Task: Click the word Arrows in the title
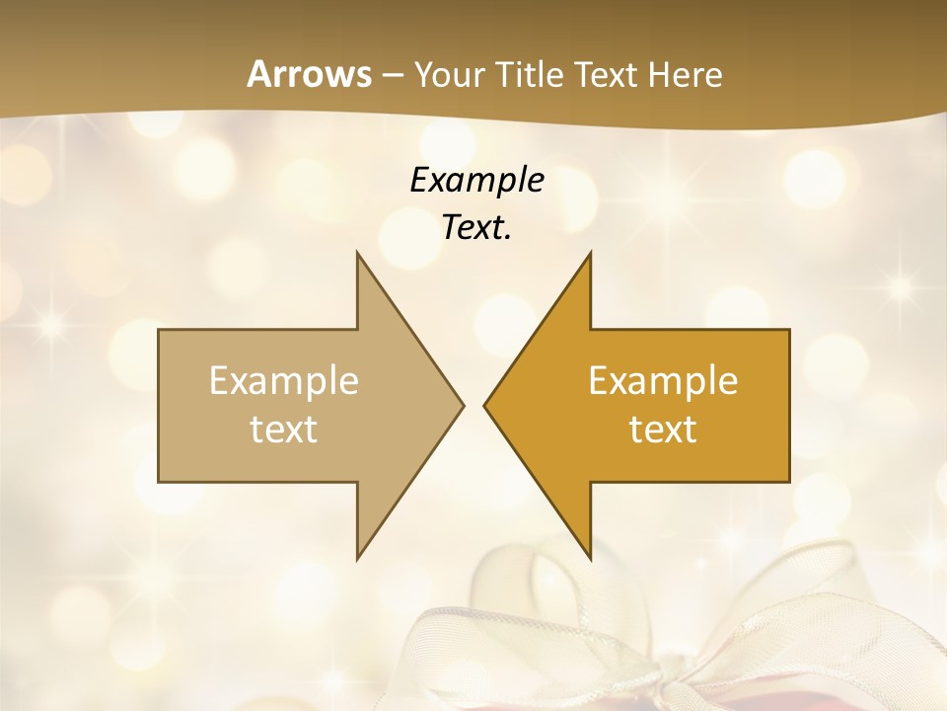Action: tap(308, 74)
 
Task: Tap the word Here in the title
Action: tap(687, 75)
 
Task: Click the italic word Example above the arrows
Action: tap(476, 180)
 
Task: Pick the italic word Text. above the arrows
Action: tap(476, 227)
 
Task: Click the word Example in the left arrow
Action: tap(284, 381)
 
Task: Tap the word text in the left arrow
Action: tap(284, 430)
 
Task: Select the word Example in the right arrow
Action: tap(663, 381)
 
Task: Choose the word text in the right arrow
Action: tap(663, 430)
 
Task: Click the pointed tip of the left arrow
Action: tap(462, 405)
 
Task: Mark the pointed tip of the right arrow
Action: tap(485, 405)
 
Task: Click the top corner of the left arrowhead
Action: tap(357, 254)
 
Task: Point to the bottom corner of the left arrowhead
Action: tap(357, 557)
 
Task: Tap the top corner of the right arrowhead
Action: tap(590, 254)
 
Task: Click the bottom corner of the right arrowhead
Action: tap(590, 557)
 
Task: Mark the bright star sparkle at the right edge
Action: tap(900, 288)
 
